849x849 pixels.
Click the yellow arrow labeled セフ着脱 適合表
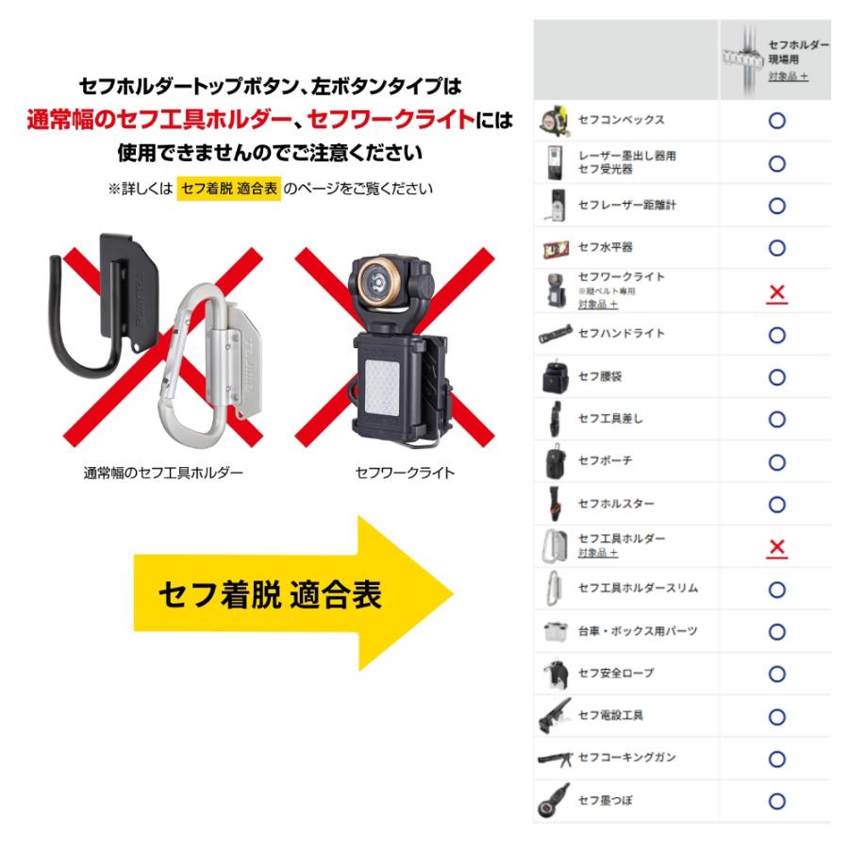[x=292, y=593]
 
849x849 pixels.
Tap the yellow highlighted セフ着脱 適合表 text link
[x=229, y=189]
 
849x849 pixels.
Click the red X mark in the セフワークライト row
[x=777, y=293]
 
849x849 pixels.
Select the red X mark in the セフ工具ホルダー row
[x=777, y=547]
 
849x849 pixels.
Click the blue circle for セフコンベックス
[x=777, y=120]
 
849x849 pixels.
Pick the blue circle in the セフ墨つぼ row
[x=777, y=801]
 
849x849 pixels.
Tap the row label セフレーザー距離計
[x=627, y=205]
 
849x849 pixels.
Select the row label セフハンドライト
[x=621, y=333]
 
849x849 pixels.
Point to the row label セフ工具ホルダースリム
[x=638, y=588]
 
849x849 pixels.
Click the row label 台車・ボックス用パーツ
[x=638, y=631]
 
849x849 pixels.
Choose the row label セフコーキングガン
[x=627, y=757]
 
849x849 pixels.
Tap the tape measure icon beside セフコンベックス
[x=554, y=120]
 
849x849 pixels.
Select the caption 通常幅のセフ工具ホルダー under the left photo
[x=163, y=473]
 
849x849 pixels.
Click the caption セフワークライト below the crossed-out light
[x=405, y=473]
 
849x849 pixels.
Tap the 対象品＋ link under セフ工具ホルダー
[x=598, y=552]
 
